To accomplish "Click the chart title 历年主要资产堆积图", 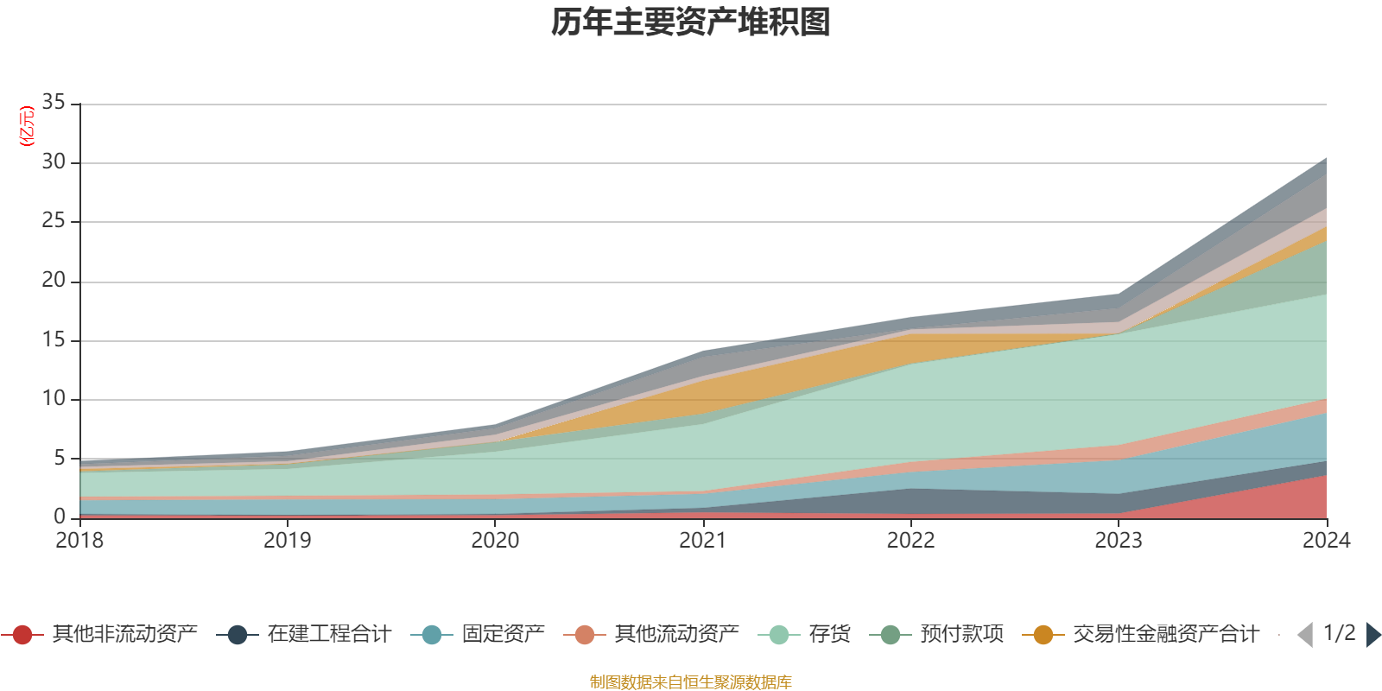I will click(x=691, y=22).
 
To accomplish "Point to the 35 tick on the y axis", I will click(x=54, y=103).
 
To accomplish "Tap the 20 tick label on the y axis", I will click(x=54, y=281).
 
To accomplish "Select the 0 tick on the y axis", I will click(x=59, y=517).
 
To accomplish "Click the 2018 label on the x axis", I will click(x=79, y=541).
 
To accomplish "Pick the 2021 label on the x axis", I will click(x=702, y=541).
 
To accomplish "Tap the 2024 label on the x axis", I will click(x=1326, y=541).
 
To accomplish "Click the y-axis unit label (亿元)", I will click(x=27, y=126).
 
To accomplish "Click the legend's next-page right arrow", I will click(x=1372, y=635).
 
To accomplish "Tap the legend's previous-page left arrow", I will click(x=1305, y=635).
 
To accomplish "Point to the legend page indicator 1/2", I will click(x=1339, y=633).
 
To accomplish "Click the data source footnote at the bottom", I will click(x=691, y=682).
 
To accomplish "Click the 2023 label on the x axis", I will click(x=1119, y=541).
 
